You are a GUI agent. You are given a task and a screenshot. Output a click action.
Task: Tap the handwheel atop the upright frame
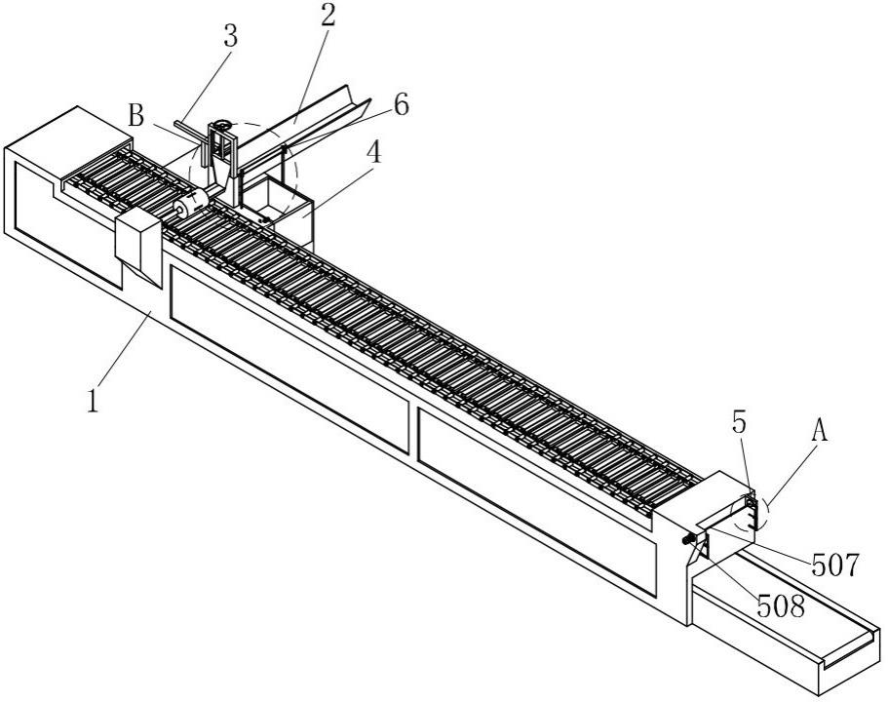pos(221,125)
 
